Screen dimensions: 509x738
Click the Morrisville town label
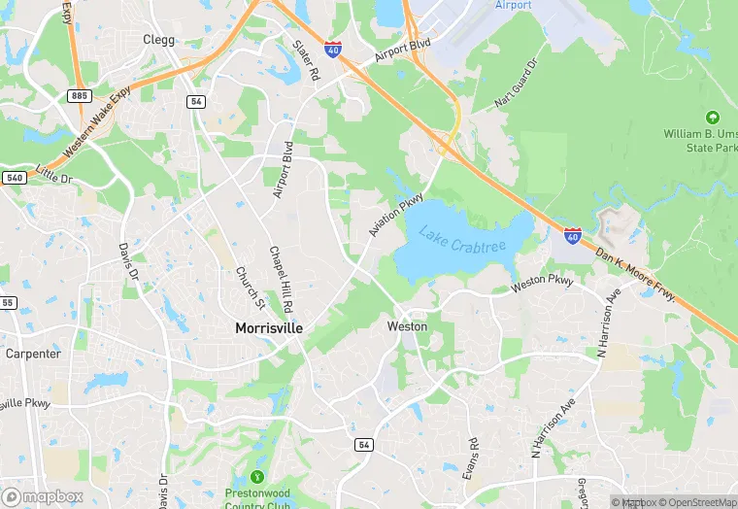pyautogui.click(x=269, y=328)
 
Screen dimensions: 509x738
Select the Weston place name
pyautogui.click(x=407, y=326)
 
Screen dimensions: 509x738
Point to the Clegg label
pyautogui.click(x=158, y=40)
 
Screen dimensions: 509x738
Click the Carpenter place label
pyautogui.click(x=33, y=354)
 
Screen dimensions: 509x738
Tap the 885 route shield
pyautogui.click(x=80, y=95)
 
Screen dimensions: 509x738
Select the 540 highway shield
pyautogui.click(x=13, y=178)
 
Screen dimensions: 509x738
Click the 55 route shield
pyautogui.click(x=8, y=303)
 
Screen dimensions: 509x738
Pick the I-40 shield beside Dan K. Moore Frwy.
pyautogui.click(x=573, y=235)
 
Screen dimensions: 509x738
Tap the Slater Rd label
pyautogui.click(x=306, y=60)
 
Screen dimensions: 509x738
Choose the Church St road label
pyautogui.click(x=244, y=283)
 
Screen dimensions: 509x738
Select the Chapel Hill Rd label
pyautogui.click(x=282, y=280)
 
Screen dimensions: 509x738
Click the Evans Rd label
pyautogui.click(x=472, y=458)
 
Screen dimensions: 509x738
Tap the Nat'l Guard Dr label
pyautogui.click(x=516, y=85)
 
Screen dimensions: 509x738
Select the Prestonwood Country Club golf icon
pyautogui.click(x=257, y=477)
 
